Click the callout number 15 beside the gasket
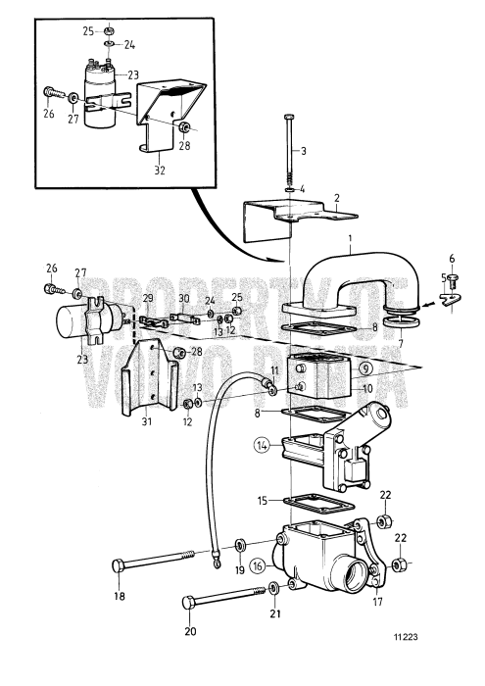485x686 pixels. click(261, 501)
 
